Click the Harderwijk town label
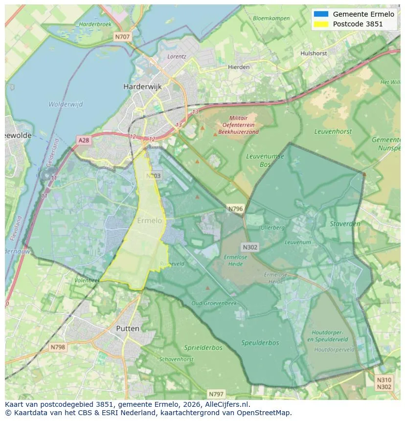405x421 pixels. coord(142,87)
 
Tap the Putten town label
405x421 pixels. coord(127,329)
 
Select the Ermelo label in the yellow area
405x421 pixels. coord(149,221)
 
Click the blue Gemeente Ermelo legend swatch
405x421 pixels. coord(321,14)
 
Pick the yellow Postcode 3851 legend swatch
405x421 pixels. coord(321,24)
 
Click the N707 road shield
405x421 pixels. coord(122,37)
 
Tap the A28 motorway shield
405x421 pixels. coord(84,140)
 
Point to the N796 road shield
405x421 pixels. coord(235,209)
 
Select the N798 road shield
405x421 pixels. coord(57,347)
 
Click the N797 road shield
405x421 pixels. coord(216,394)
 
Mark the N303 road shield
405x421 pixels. coord(153,176)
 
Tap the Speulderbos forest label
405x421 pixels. coord(260,343)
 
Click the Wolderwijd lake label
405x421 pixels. coord(66,104)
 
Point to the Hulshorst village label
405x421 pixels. coord(314,53)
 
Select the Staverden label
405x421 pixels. coord(345,224)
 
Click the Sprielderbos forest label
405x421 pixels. coord(203,348)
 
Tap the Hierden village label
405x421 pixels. coord(239,67)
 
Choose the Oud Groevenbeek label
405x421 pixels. coord(214,303)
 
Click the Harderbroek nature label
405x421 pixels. coord(95,24)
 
